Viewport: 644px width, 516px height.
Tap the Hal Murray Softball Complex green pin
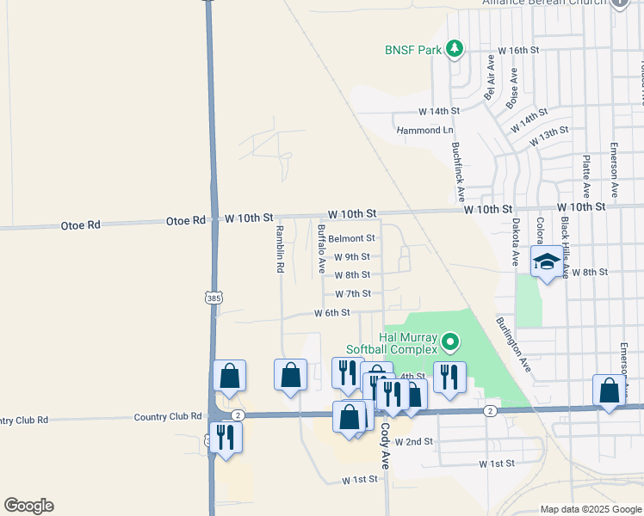click(449, 344)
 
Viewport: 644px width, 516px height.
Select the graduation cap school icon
click(545, 261)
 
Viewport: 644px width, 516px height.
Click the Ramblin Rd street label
click(279, 249)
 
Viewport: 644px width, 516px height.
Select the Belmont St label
click(352, 238)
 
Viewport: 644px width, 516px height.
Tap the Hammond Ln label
click(424, 130)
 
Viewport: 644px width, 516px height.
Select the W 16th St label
click(517, 51)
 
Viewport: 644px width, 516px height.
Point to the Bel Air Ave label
click(489, 78)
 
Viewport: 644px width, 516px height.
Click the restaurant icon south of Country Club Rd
click(226, 436)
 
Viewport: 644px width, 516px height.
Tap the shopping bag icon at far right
click(610, 390)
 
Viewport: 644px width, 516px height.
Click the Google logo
click(28, 506)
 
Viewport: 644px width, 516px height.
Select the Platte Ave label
click(585, 175)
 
